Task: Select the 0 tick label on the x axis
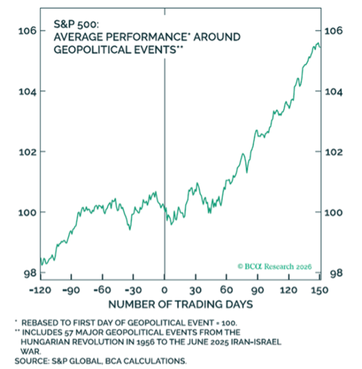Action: point(164,290)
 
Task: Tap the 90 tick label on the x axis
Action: point(258,290)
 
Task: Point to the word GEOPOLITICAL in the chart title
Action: point(85,49)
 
